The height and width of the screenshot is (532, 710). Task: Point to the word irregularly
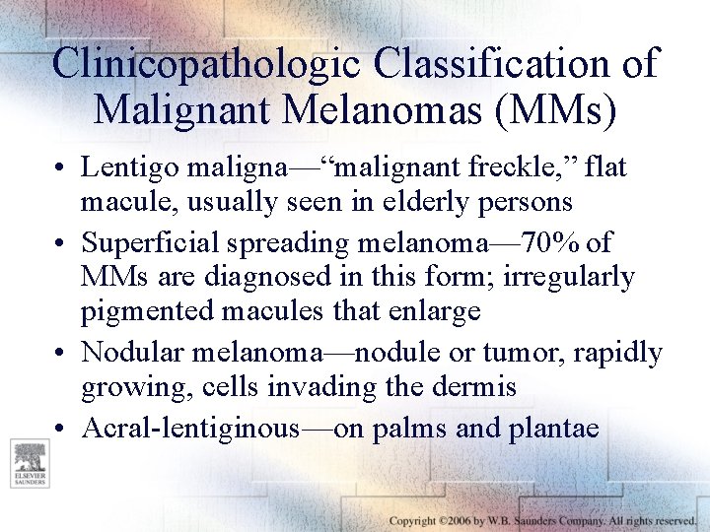(x=569, y=277)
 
